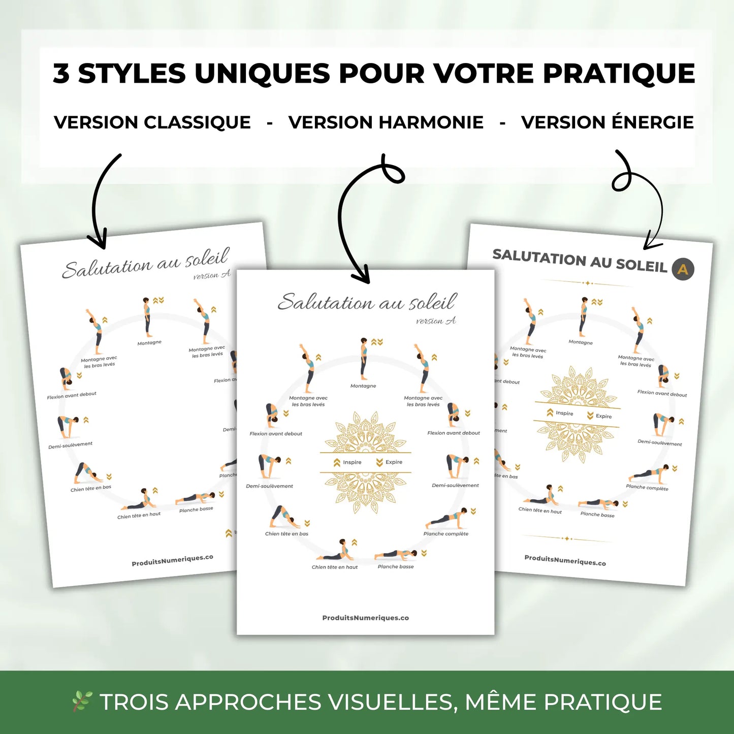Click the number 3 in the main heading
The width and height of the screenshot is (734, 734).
pyautogui.click(x=61, y=74)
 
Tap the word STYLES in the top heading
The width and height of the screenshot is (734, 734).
pyautogui.click(x=132, y=74)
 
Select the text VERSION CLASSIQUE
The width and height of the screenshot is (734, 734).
pyautogui.click(x=152, y=122)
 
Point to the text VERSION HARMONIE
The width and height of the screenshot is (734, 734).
pyautogui.click(x=386, y=122)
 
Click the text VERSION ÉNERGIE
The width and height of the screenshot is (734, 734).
pyautogui.click(x=608, y=122)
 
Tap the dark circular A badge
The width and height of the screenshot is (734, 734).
pyautogui.click(x=683, y=269)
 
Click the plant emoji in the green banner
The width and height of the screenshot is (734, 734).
pyautogui.click(x=81, y=701)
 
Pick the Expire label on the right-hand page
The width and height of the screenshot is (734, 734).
pyautogui.click(x=603, y=416)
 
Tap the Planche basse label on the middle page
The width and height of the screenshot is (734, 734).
pyautogui.click(x=396, y=566)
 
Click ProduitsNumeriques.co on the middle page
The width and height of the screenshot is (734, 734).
pyautogui.click(x=366, y=618)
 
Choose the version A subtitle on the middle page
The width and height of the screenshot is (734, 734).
pyautogui.click(x=436, y=321)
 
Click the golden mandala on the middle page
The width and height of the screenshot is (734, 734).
pyautogui.click(x=365, y=462)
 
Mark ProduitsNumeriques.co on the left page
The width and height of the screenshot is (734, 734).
pyautogui.click(x=172, y=560)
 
